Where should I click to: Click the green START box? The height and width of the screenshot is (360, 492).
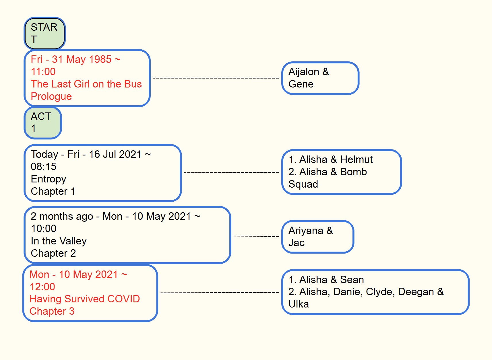[x=44, y=33]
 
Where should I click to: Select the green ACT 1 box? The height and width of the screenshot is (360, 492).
[x=42, y=123]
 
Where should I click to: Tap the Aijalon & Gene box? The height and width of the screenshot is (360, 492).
[x=320, y=78]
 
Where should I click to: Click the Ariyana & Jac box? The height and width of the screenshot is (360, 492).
[x=317, y=237]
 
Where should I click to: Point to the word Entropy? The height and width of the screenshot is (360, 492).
[x=48, y=179]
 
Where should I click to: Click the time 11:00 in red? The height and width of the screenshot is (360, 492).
[x=43, y=72]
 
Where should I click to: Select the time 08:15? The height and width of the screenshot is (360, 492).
[x=44, y=167]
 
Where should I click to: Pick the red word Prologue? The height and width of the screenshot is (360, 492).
[x=51, y=97]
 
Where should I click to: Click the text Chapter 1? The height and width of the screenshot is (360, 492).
[x=53, y=191]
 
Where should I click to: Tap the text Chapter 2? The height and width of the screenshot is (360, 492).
[x=53, y=253]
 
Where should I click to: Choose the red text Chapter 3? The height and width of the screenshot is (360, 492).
[x=52, y=311]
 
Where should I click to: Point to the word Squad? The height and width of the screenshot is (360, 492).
[x=303, y=184]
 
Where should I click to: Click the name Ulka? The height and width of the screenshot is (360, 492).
[x=299, y=304]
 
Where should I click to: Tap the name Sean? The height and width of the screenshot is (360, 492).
[x=352, y=280]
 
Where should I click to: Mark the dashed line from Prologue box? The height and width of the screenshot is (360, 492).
[x=216, y=78]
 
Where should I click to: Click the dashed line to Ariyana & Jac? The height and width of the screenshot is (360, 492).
[x=256, y=236]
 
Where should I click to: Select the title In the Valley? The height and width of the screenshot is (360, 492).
[x=59, y=241]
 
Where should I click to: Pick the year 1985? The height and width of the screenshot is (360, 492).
[x=100, y=59]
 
